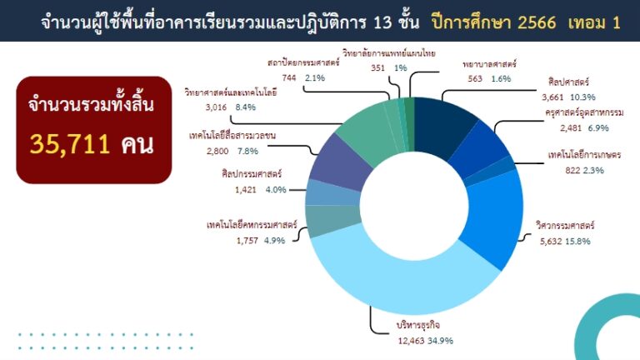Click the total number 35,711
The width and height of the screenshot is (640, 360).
pyautogui.click(x=70, y=144)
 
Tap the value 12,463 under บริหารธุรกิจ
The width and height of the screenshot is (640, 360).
pyautogui.click(x=411, y=341)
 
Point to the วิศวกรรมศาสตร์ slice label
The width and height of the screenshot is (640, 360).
pyautogui.click(x=565, y=225)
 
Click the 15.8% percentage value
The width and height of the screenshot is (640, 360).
pyautogui.click(x=577, y=241)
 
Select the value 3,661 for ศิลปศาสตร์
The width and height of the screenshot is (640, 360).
pyautogui.click(x=552, y=97)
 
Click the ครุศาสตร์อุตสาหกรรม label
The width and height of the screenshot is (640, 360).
pyautogui.click(x=584, y=112)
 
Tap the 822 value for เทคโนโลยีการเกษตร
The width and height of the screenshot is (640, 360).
pyautogui.click(x=572, y=170)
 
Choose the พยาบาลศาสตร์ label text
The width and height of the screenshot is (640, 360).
pyautogui.click(x=489, y=64)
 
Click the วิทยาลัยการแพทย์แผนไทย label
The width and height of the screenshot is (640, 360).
pyautogui.click(x=389, y=53)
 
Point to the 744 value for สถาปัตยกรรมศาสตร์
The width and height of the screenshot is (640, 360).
pyautogui.click(x=289, y=77)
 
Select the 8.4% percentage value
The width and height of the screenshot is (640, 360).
pyautogui.click(x=245, y=107)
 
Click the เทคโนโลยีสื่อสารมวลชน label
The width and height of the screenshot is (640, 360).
pyautogui.click(x=232, y=136)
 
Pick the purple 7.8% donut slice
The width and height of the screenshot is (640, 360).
pyautogui.click(x=340, y=162)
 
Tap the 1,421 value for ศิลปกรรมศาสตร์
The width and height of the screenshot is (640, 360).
pyautogui.click(x=246, y=190)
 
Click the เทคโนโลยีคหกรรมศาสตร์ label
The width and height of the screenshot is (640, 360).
pyautogui.click(x=252, y=225)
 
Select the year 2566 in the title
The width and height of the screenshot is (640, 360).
pyautogui.click(x=537, y=22)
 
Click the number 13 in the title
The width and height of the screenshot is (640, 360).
pyautogui.click(x=382, y=22)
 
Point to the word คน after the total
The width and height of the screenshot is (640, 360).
pyautogui.click(x=137, y=144)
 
